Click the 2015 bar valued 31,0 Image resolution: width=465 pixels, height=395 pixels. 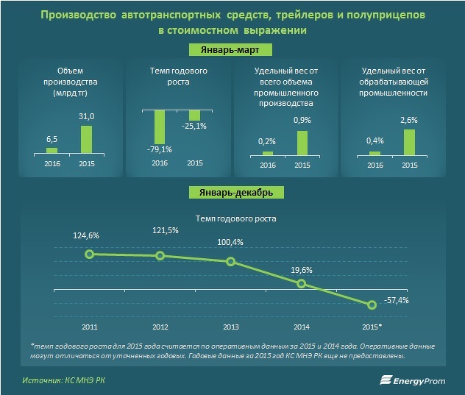click(x=86, y=140)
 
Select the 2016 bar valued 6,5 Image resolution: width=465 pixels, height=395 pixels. click(x=52, y=150)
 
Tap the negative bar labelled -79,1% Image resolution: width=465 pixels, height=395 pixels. click(x=159, y=127)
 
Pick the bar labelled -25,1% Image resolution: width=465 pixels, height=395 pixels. click(x=194, y=115)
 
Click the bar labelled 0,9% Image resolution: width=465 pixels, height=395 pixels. click(x=302, y=142)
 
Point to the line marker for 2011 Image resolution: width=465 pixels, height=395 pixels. click(x=89, y=254)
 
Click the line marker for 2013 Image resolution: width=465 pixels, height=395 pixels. click(x=230, y=261)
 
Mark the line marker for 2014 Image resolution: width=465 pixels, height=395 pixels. click(x=301, y=283)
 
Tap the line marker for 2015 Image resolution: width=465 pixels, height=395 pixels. click(x=372, y=305)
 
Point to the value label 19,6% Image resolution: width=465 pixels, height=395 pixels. click(x=299, y=269)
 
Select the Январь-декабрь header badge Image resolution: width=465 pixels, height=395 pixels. click(x=232, y=193)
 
